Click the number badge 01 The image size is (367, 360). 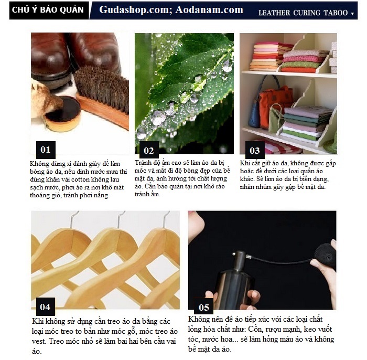pos(46,150)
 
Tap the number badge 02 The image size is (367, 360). pos(149,150)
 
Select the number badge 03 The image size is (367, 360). pos(255,150)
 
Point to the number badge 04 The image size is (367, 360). pos(46,306)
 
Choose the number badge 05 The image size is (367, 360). pos(203,307)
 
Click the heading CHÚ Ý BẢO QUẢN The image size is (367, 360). pos(48,10)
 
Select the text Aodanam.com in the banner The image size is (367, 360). pos(209,10)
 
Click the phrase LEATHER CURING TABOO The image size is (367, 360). pos(303,13)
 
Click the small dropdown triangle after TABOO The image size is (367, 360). pos(352,14)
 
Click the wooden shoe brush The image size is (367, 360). pos(102,98)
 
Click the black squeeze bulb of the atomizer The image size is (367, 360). pos(325,256)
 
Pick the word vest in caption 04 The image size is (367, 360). pos(39,341)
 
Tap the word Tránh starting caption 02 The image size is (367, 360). pos(143,163)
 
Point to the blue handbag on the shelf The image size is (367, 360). pos(254,112)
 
